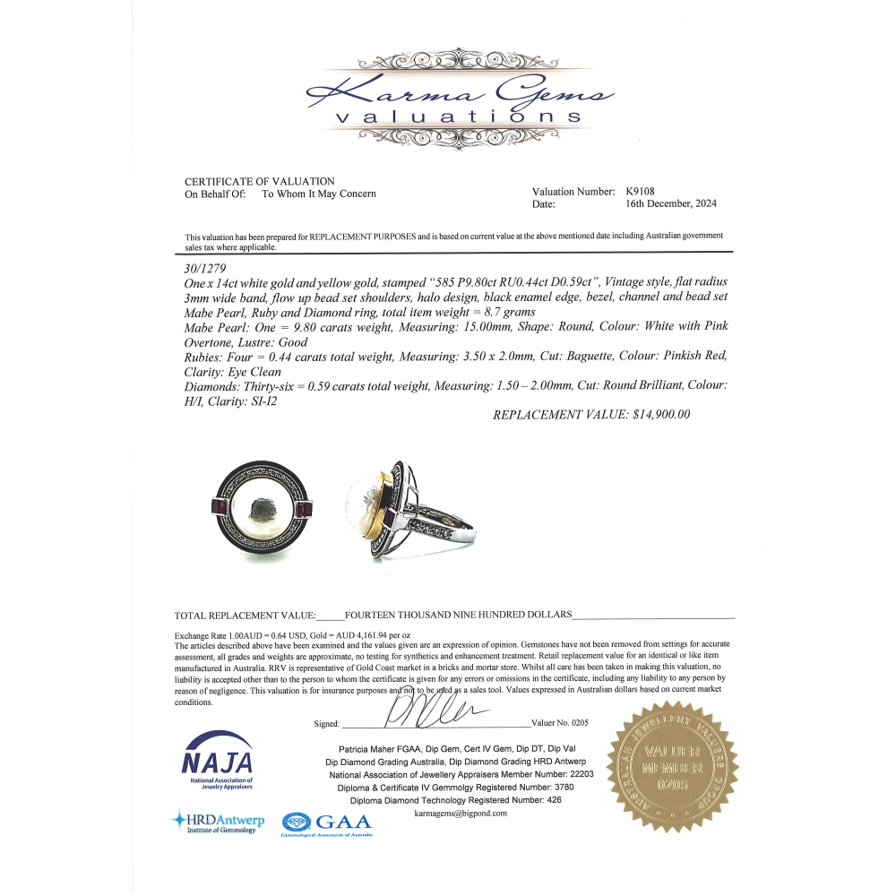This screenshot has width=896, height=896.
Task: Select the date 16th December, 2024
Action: pos(671,203)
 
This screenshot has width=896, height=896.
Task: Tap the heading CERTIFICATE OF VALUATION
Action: pos(260,181)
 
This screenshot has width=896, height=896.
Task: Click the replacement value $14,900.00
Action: pos(591,415)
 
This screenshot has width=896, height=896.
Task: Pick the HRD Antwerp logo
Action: pos(214,822)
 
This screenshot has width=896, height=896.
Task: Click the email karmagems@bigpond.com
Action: pos(461,814)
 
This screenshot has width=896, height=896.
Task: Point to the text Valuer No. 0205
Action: pos(560,722)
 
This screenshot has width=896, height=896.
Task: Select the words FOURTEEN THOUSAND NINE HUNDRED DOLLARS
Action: pos(458,615)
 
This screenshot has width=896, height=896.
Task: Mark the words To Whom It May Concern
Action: pos(318,194)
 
